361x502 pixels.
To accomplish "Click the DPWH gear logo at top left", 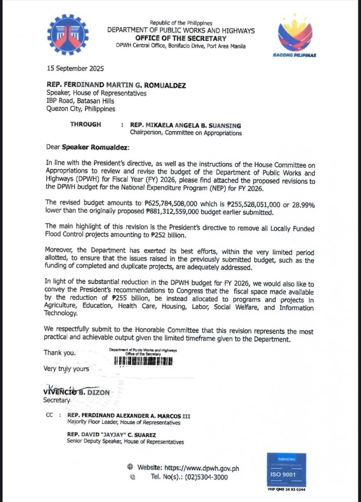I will point(68,35).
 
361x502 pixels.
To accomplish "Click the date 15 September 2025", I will point(75,68).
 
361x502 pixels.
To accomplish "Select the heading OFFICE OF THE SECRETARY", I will point(180,38).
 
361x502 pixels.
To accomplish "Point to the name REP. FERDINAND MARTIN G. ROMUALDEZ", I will point(116,85).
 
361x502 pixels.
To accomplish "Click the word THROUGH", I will point(86,124).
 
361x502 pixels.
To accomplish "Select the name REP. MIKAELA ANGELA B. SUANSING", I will point(185,125).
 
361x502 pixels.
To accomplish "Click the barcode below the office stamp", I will point(143,361).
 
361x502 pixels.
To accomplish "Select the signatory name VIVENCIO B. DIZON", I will point(76,392).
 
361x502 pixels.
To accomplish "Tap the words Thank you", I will point(60,352).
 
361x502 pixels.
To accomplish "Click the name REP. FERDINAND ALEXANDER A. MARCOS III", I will point(129,416).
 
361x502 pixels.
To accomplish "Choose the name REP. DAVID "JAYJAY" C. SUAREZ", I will point(111,435).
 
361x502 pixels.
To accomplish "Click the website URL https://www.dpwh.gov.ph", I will point(202,468).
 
